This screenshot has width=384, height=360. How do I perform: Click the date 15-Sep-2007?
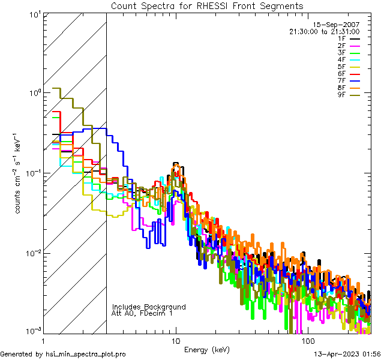pos(337,25)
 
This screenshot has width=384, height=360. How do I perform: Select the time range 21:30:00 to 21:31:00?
pos(324,32)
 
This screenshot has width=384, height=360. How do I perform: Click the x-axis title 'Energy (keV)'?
pos(206,349)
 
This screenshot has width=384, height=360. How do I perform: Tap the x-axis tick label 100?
pos(306,340)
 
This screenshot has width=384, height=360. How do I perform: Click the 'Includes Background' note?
pos(149,307)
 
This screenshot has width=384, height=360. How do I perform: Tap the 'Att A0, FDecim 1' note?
pos(142,313)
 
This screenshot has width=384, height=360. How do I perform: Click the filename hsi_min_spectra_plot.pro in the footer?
pos(86,355)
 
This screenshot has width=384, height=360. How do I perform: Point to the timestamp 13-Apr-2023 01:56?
pos(347,355)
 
